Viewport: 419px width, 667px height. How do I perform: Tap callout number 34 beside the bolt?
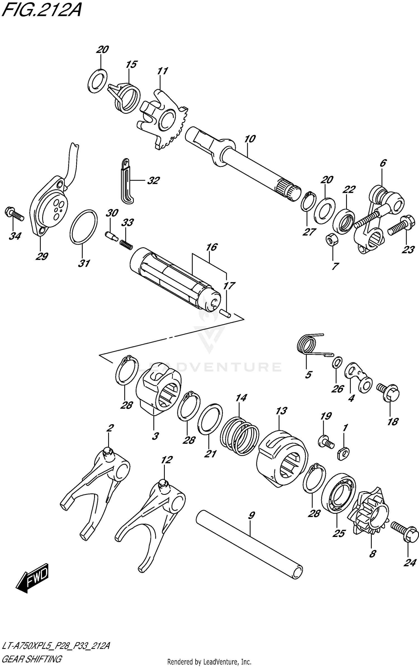click(x=15, y=236)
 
